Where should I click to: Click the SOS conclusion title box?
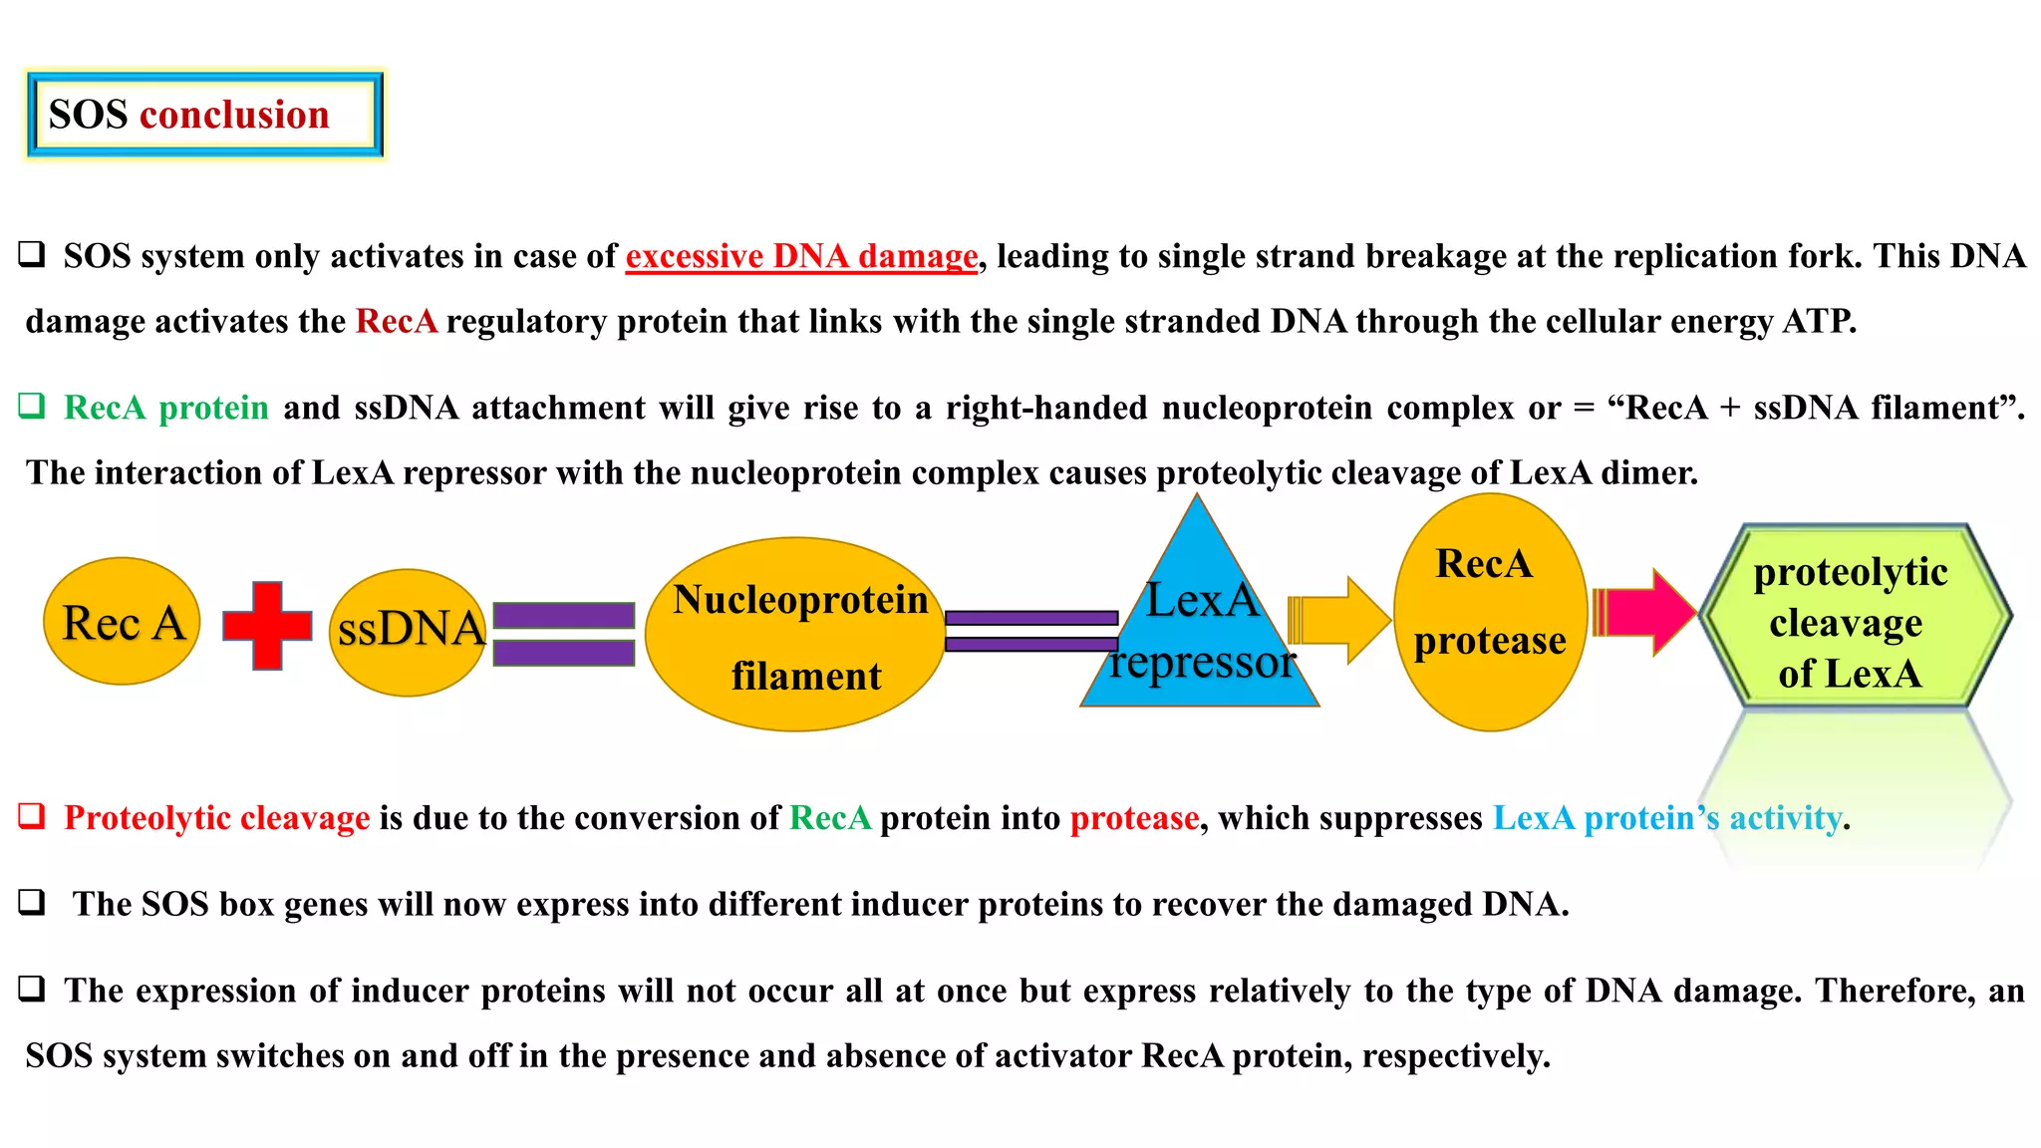pos(204,115)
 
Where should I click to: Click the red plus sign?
pos(267,625)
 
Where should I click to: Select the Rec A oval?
pos(122,621)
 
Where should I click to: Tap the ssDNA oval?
pos(408,631)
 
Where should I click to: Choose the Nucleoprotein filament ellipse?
pos(795,635)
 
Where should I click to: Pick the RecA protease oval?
pos(1489,611)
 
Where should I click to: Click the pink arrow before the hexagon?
pos(1644,612)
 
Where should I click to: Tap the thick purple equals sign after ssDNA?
pos(564,634)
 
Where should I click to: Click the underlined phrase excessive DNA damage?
pos(801,256)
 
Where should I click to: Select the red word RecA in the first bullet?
pos(396,321)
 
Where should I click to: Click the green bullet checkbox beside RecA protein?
pos(32,406)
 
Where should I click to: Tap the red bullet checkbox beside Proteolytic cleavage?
pos(32,816)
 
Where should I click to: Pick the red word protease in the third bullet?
pos(1134,818)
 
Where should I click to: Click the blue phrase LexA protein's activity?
pos(1666,818)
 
